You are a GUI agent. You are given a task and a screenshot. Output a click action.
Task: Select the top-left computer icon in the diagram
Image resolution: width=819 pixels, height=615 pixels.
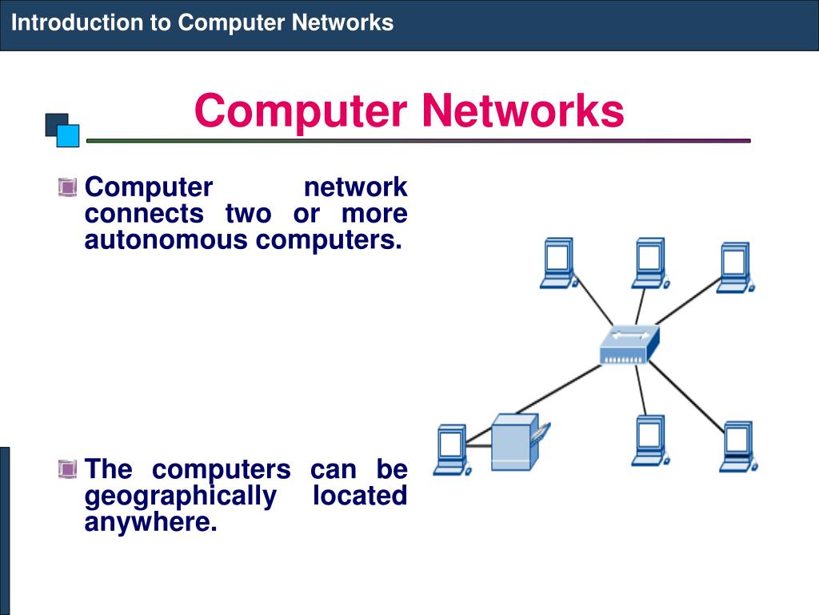coord(558,263)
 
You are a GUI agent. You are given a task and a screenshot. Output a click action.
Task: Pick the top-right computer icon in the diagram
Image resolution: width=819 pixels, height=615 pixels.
coord(734,268)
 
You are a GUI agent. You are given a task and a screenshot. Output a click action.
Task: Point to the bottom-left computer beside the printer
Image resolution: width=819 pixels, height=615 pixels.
coord(449,450)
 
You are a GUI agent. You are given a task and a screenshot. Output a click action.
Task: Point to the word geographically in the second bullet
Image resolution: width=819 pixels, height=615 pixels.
coord(179,496)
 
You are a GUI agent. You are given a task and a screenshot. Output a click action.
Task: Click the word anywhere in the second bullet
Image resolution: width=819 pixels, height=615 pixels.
coord(150,523)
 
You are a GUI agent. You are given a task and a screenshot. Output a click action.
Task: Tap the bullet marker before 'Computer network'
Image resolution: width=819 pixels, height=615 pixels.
coord(67,188)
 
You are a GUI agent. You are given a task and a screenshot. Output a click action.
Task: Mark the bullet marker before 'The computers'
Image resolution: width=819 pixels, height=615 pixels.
coord(67,468)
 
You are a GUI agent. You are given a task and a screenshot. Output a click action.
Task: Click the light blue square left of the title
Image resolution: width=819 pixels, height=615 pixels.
coord(68,135)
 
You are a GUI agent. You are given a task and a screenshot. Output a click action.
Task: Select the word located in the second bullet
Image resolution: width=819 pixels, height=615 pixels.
coord(360,496)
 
